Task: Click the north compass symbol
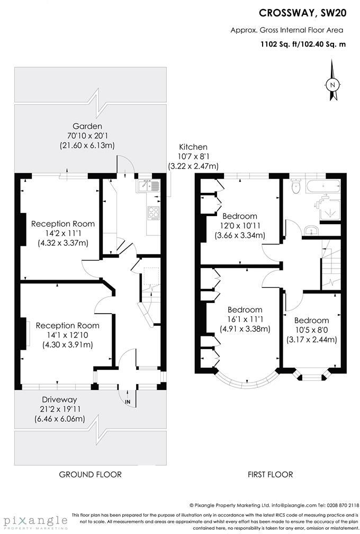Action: (333, 84)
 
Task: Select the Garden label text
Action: (87, 126)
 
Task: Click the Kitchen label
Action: (193, 147)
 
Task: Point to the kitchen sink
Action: (147, 185)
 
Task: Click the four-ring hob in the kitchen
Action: (154, 212)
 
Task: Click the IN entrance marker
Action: (128, 403)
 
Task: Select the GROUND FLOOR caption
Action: (90, 474)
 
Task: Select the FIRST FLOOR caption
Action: (270, 474)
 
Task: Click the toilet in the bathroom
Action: (296, 186)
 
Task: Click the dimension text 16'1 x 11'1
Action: (245, 319)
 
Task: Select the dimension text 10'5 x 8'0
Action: (312, 330)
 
